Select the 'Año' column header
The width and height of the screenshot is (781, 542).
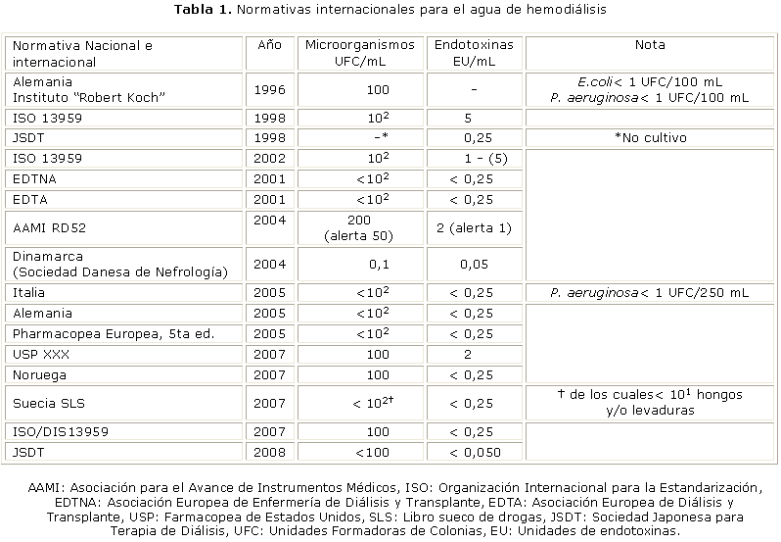tap(268, 45)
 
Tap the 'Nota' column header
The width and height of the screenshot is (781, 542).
tap(650, 45)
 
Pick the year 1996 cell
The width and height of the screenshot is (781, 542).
tap(268, 89)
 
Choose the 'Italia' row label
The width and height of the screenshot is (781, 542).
tap(30, 292)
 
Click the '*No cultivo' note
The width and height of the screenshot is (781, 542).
tap(650, 137)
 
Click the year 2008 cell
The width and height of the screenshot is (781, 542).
tap(268, 452)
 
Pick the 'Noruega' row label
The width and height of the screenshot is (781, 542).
tap(40, 374)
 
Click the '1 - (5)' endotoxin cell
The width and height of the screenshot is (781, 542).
tap(475, 158)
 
